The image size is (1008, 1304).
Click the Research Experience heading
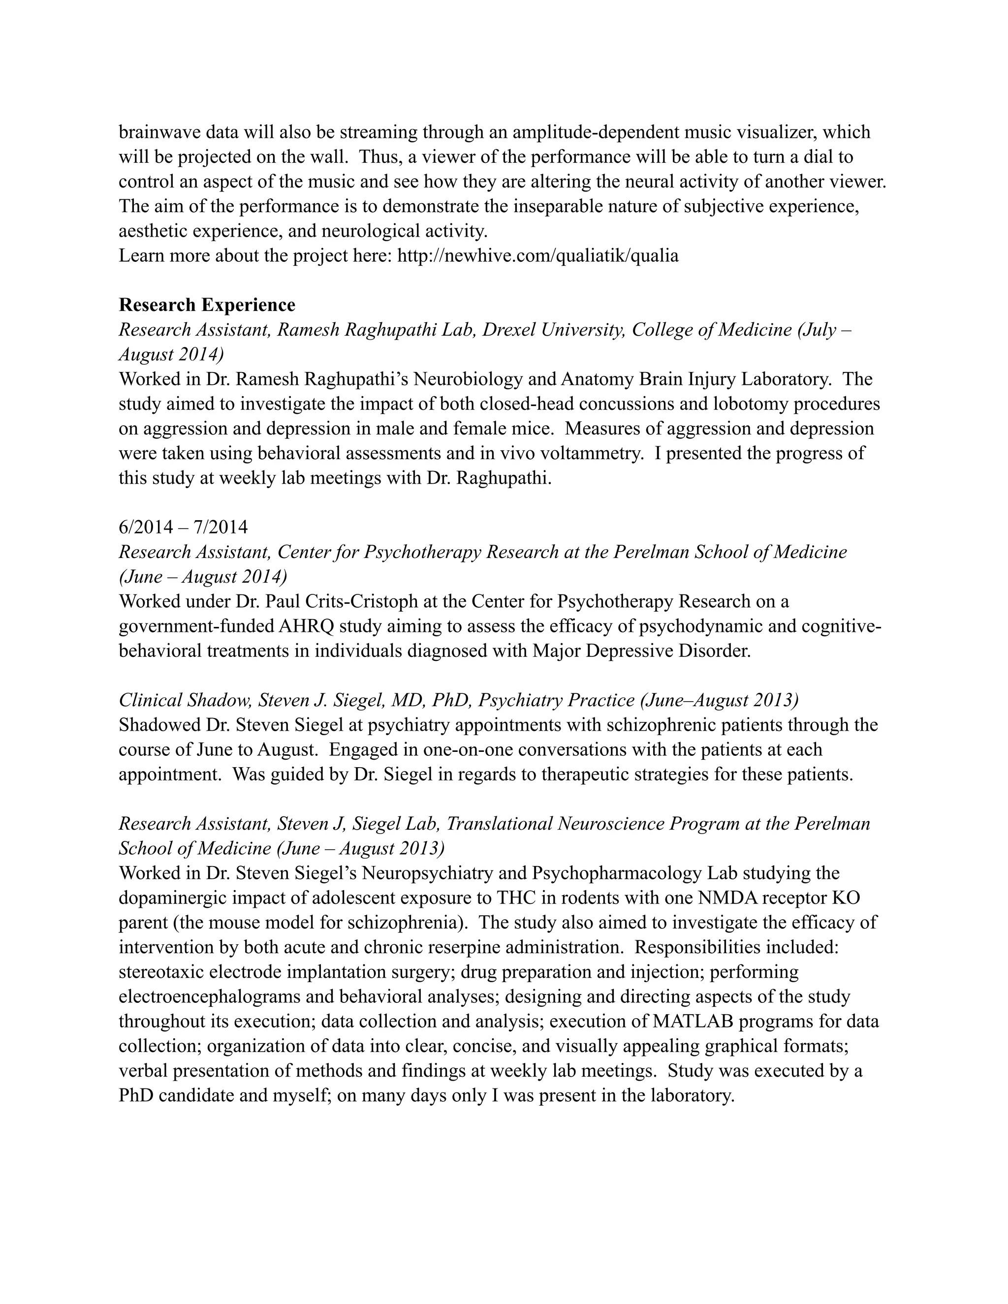[207, 305]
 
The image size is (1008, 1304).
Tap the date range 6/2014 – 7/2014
[183, 527]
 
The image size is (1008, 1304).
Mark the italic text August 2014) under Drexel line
[171, 355]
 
